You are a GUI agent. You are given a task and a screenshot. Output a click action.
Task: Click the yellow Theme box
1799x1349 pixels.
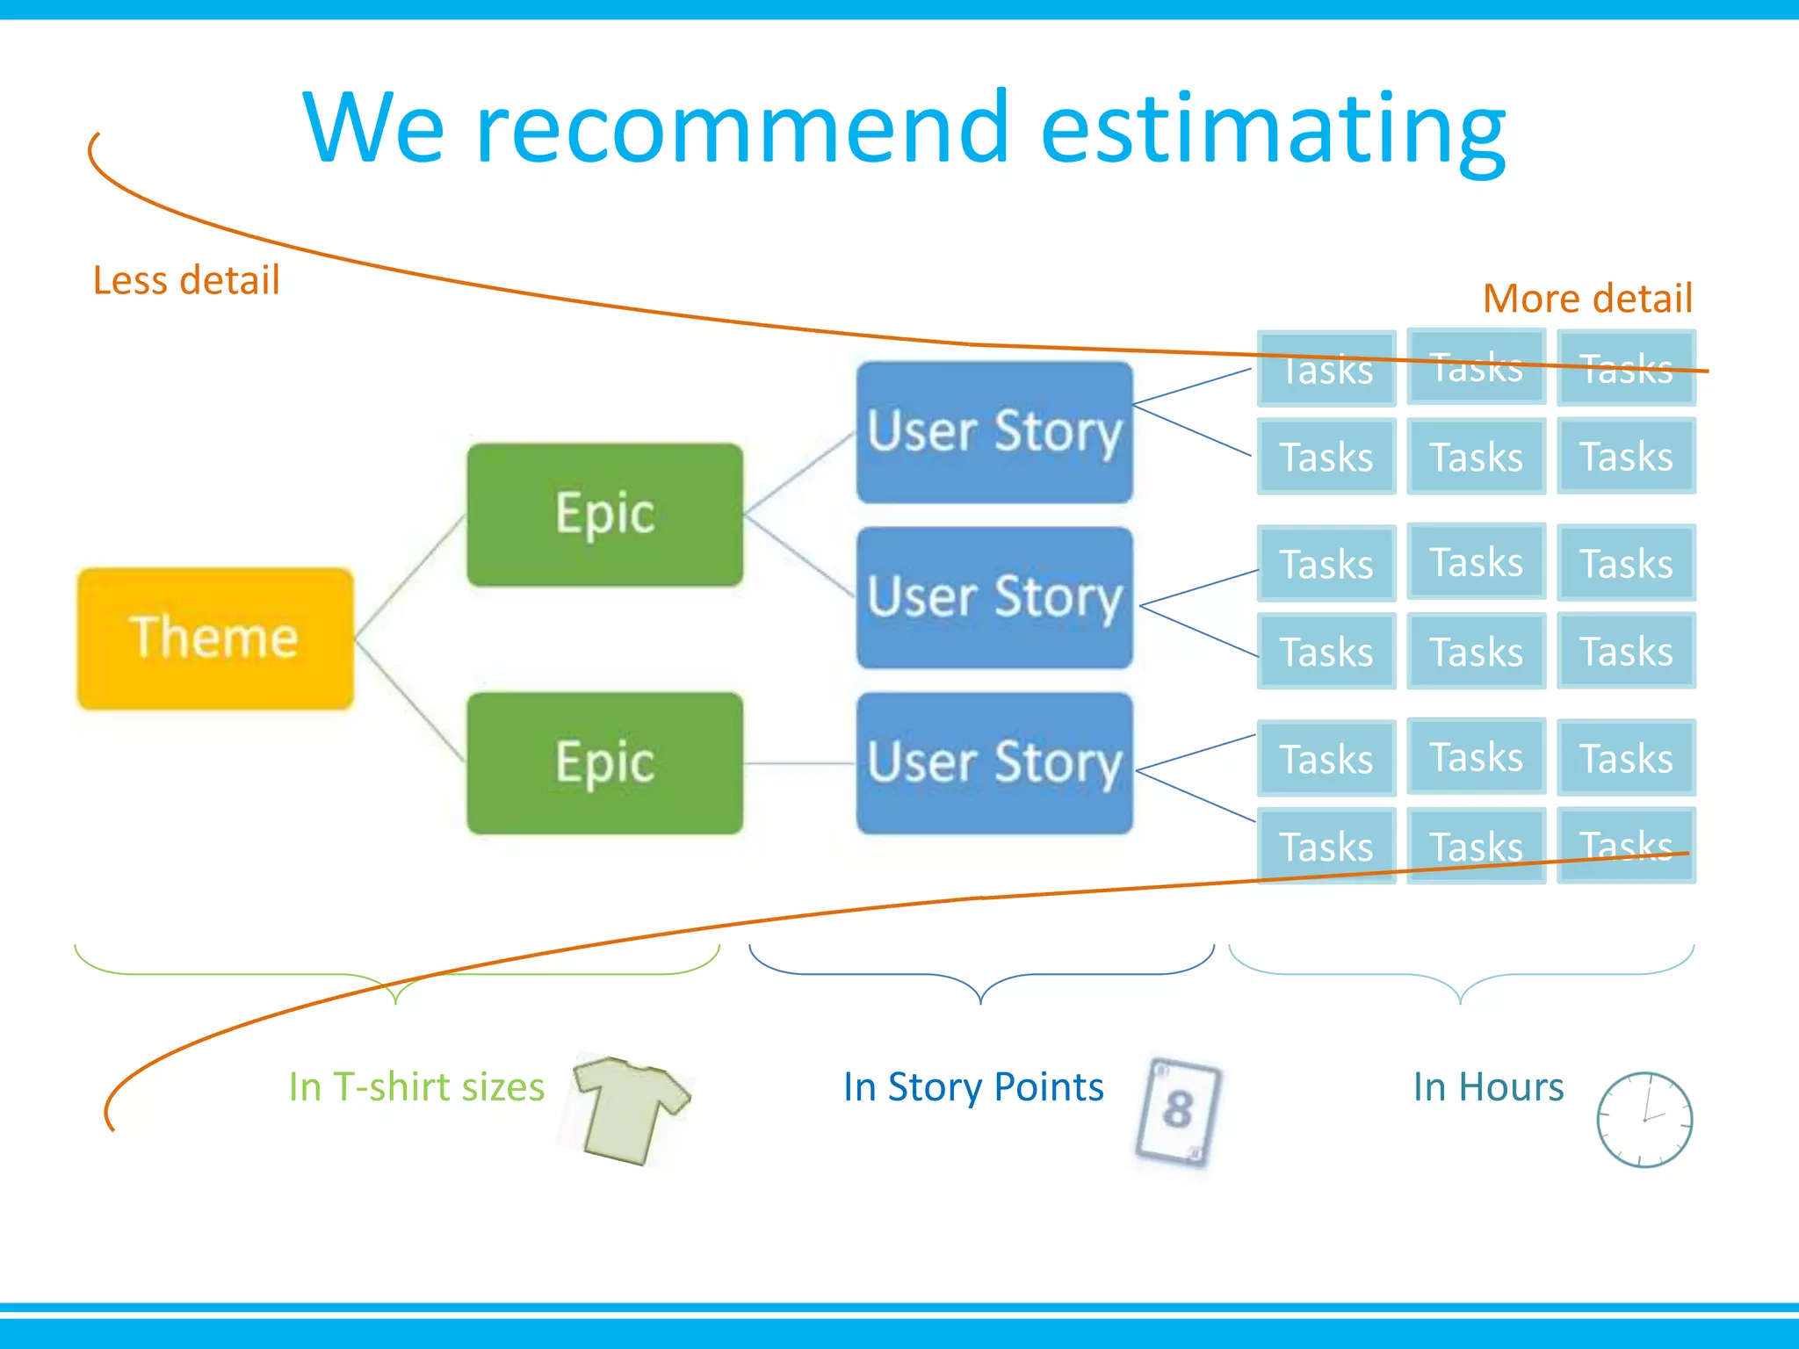(x=215, y=638)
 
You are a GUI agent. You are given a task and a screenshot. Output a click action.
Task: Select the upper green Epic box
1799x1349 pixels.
(x=604, y=515)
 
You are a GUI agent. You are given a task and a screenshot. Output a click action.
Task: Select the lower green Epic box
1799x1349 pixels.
(x=604, y=763)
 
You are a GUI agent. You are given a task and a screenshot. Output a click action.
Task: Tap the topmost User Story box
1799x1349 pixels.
(x=994, y=432)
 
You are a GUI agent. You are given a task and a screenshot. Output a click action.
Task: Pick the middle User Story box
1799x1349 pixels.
(x=994, y=597)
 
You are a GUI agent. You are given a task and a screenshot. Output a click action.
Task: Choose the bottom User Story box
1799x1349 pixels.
(x=994, y=763)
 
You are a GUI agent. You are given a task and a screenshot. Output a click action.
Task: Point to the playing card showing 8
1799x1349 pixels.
(x=1178, y=1111)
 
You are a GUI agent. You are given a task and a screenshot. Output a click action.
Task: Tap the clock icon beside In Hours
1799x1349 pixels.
(x=1644, y=1120)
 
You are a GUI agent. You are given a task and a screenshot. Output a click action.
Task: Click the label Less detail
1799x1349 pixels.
(x=186, y=281)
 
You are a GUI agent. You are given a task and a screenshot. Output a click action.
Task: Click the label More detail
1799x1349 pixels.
(x=1586, y=299)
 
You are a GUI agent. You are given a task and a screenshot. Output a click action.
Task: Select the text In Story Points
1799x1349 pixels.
(x=973, y=1087)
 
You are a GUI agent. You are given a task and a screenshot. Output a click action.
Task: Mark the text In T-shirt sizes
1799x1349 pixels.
(x=416, y=1087)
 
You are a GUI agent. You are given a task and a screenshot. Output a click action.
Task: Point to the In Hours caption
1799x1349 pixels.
(x=1488, y=1087)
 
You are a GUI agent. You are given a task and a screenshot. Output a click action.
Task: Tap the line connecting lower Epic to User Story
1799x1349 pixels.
(x=799, y=763)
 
